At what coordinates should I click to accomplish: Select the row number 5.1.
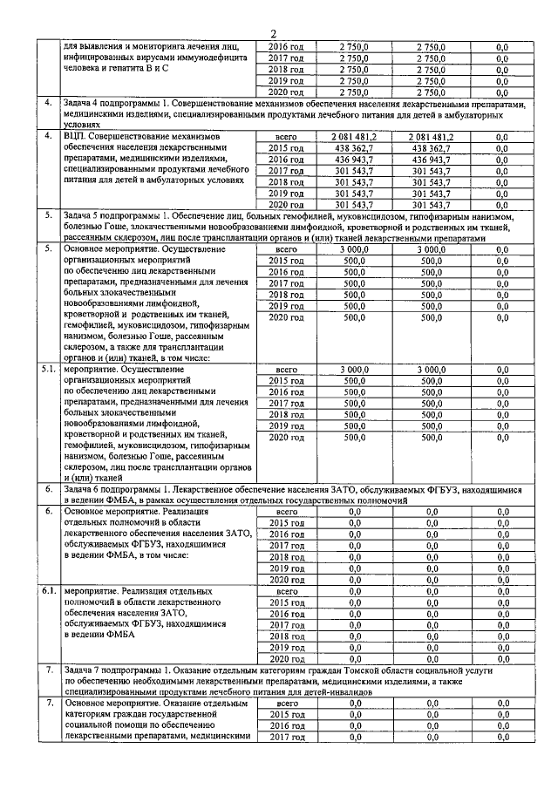[50, 370]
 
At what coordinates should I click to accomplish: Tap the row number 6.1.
[50, 590]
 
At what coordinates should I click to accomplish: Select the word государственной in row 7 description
[184, 714]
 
